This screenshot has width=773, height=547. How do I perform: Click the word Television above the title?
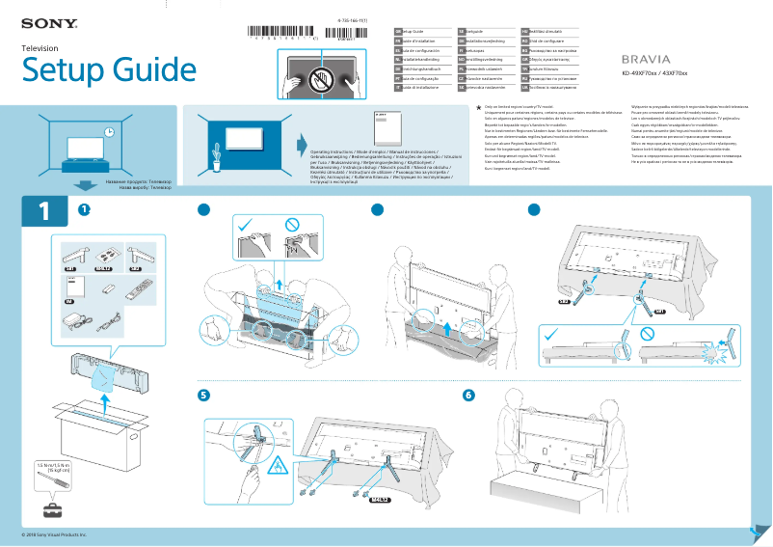coord(40,47)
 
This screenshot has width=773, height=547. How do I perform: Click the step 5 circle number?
coord(203,395)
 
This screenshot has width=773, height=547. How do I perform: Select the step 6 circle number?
coord(468,395)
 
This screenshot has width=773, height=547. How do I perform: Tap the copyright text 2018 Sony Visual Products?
coord(54,533)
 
